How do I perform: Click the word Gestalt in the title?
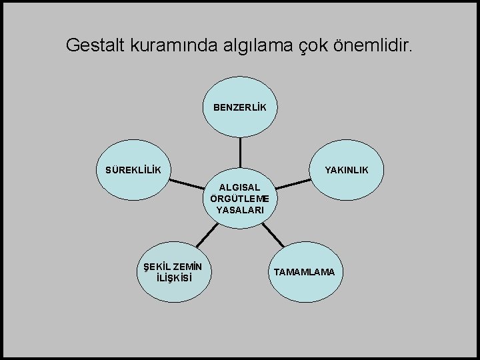tap(90, 45)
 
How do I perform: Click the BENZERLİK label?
tap(240, 107)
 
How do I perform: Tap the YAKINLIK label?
tap(346, 170)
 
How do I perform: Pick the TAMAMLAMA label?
tap(305, 273)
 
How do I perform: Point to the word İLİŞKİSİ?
tap(173, 278)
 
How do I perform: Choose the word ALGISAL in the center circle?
tap(240, 188)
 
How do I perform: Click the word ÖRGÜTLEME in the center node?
tap(240, 199)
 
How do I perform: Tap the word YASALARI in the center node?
tap(240, 210)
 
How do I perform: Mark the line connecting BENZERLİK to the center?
tap(240, 151)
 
